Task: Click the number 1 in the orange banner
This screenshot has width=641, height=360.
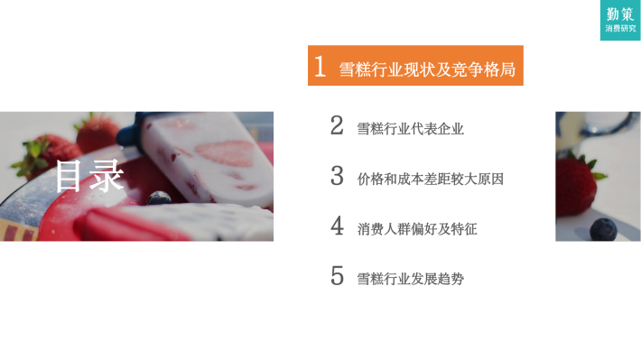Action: [x=320, y=66]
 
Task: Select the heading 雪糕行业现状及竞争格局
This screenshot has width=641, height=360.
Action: [x=427, y=69]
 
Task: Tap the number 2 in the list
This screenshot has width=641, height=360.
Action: [x=337, y=125]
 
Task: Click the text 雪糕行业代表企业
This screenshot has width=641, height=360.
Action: [x=411, y=129]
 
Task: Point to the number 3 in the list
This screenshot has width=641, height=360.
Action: [x=337, y=176]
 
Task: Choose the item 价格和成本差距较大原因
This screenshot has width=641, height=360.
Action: [x=431, y=179]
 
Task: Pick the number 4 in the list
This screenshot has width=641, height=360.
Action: [x=337, y=226]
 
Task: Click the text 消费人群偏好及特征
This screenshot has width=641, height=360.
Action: [x=417, y=229]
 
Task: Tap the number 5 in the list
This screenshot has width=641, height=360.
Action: [x=337, y=276]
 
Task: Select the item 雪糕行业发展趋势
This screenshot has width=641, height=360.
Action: [x=411, y=279]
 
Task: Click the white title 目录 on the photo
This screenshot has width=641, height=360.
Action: [x=89, y=176]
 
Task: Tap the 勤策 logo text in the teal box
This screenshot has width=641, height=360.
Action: [x=619, y=14]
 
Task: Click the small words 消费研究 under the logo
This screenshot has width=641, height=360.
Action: [x=620, y=28]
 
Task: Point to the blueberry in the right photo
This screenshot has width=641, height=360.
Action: [x=603, y=229]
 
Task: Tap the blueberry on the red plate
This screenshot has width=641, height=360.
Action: [x=159, y=198]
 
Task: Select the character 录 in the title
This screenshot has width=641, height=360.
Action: [x=107, y=176]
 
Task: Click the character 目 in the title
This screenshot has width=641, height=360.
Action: [x=68, y=176]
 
